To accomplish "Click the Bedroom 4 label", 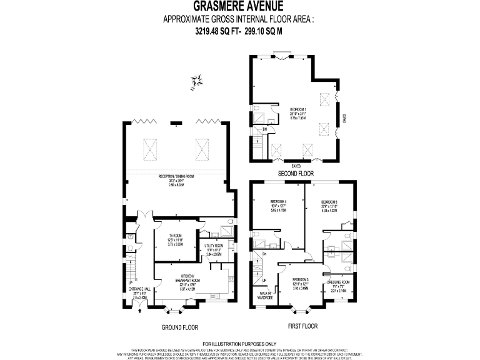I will (x=279, y=202).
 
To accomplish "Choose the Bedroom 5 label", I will (x=329, y=202).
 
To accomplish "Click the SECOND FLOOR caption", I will (x=296, y=173).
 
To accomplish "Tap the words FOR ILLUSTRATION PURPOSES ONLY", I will (x=239, y=344).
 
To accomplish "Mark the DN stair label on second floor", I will (x=264, y=129).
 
